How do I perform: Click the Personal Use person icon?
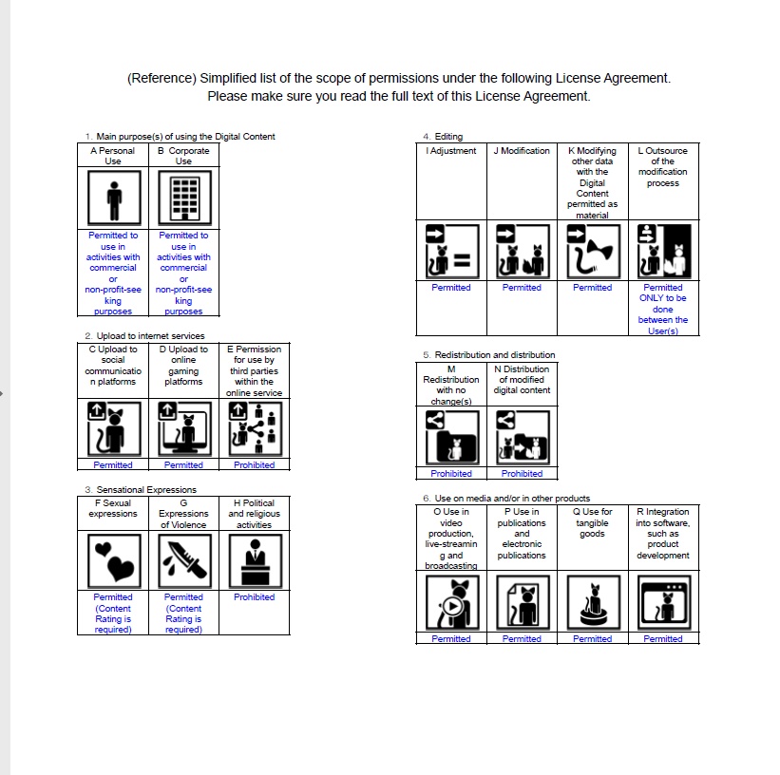[x=113, y=200]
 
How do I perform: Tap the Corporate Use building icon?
[x=183, y=200]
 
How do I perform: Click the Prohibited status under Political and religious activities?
[x=254, y=597]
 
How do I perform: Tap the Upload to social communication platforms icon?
[x=113, y=428]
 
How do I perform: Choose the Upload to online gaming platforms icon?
[x=183, y=428]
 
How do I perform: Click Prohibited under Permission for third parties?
[x=254, y=465]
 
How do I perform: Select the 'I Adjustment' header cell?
[x=451, y=151]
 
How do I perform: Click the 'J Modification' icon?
[x=522, y=252]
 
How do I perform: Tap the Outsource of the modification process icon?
[x=663, y=252]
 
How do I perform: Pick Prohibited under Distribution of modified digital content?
[x=522, y=474]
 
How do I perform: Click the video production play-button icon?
[x=451, y=602]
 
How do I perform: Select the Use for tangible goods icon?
[x=593, y=602]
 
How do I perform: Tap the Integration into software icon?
[x=663, y=602]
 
